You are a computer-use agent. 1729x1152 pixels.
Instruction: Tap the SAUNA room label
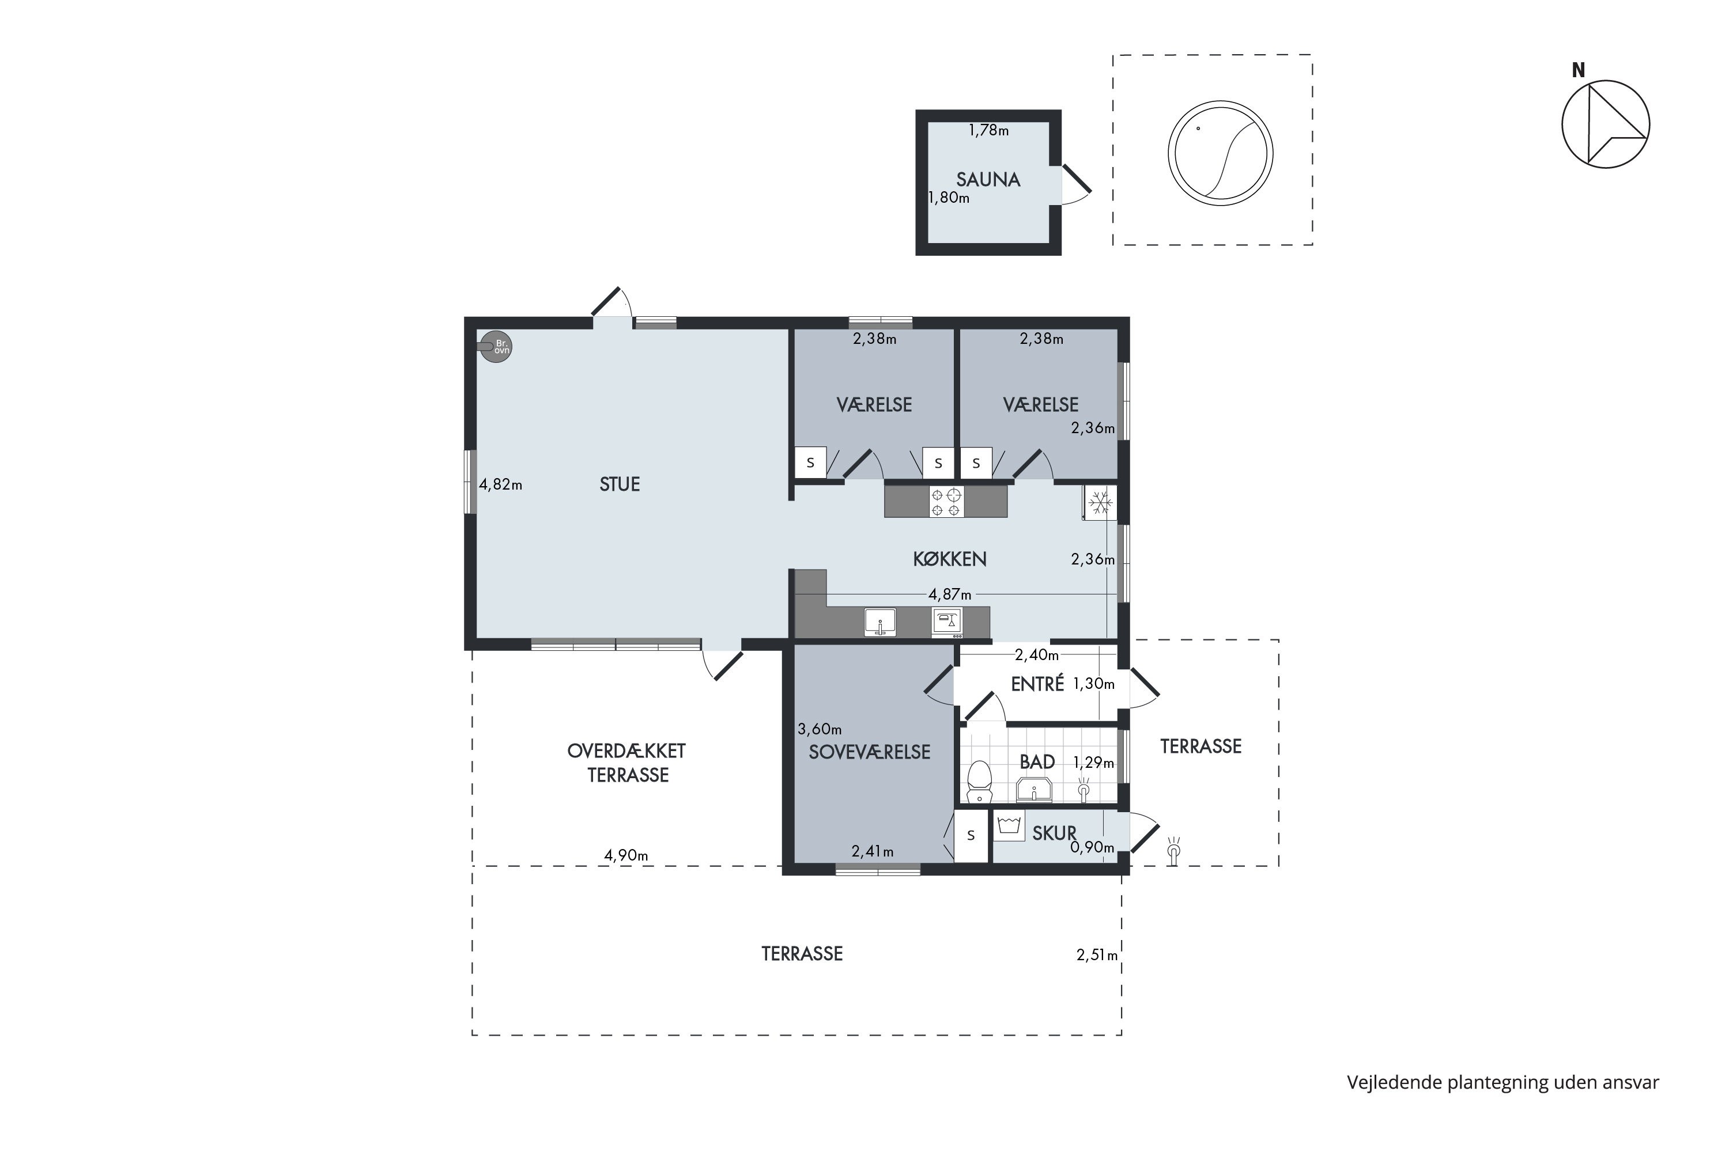pyautogui.click(x=988, y=179)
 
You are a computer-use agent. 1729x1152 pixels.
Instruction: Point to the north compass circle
pyautogui.click(x=1606, y=124)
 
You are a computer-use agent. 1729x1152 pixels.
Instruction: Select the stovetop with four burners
pyautogui.click(x=946, y=502)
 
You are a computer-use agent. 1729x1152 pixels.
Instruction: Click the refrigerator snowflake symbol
pyautogui.click(x=1100, y=503)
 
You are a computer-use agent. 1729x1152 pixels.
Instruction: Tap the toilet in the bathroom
pyautogui.click(x=979, y=782)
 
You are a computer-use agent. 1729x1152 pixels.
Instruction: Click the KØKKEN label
pyautogui.click(x=950, y=559)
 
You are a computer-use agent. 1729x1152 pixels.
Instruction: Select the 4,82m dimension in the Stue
pyautogui.click(x=501, y=485)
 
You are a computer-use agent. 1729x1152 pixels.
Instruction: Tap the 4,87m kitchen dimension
pyautogui.click(x=950, y=594)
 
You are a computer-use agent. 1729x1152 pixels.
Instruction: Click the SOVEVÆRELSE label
pyautogui.click(x=870, y=752)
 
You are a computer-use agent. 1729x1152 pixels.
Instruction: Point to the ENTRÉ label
pyautogui.click(x=1037, y=684)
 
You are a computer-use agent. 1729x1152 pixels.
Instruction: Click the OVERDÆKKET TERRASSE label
pyautogui.click(x=627, y=763)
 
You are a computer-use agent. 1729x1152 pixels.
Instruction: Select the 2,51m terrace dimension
pyautogui.click(x=1097, y=955)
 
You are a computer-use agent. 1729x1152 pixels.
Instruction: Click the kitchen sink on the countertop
pyautogui.click(x=880, y=622)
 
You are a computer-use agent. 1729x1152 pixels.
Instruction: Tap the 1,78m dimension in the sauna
pyautogui.click(x=989, y=131)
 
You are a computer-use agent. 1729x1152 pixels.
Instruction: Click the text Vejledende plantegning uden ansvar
pyautogui.click(x=1503, y=1082)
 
